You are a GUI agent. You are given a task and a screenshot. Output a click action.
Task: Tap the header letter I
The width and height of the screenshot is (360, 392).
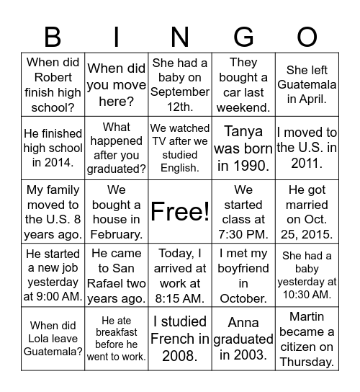point(117,36)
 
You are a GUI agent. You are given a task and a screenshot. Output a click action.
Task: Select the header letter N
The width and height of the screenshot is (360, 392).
point(180,36)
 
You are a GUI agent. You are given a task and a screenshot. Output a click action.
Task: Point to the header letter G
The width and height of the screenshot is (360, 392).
point(243,36)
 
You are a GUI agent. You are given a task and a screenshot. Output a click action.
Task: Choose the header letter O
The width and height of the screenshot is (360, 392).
point(307,36)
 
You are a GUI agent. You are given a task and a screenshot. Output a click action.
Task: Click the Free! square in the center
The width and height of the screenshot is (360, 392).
point(180,211)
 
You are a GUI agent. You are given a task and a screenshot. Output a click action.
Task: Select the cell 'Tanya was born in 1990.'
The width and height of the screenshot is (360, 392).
point(243,148)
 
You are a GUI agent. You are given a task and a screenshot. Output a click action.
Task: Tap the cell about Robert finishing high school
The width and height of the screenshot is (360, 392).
point(53,84)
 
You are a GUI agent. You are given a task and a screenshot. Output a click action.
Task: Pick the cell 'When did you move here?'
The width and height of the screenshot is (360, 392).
point(117,84)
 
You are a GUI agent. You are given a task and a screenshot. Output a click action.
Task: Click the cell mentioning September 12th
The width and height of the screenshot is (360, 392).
point(180,84)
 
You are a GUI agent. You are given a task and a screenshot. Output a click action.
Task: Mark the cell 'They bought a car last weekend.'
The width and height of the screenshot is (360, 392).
point(243,84)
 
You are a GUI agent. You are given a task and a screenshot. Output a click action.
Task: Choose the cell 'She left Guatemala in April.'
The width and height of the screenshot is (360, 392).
point(307,84)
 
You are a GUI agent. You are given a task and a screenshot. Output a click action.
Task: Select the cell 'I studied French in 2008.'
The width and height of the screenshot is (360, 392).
point(180,338)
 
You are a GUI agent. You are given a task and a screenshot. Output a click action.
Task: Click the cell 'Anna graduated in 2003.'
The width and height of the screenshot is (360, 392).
point(243,338)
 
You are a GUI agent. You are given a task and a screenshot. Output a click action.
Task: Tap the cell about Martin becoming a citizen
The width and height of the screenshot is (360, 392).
point(307,338)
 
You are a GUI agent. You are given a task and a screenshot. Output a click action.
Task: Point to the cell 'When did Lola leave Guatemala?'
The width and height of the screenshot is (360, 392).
point(53,338)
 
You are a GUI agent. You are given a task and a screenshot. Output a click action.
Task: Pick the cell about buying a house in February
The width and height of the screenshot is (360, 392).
point(117,211)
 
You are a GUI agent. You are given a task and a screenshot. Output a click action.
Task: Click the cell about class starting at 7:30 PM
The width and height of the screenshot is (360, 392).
point(243,211)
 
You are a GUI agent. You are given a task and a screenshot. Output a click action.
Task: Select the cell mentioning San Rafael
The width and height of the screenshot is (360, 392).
point(117,275)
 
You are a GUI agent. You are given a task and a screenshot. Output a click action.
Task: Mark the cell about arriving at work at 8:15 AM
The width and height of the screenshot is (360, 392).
point(180,275)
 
